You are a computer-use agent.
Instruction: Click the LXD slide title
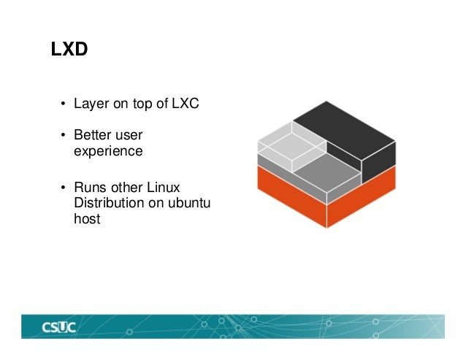69,50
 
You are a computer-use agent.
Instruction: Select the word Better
91,137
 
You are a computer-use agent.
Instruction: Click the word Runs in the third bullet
89,187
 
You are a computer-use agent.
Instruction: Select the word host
87,218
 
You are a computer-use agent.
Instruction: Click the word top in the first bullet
141,104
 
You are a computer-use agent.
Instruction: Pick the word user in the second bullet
129,137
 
